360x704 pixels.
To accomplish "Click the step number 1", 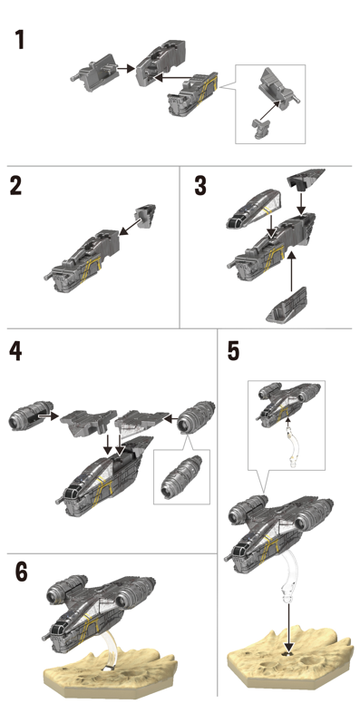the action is (x=20, y=40).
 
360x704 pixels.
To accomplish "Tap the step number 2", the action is (x=15, y=185).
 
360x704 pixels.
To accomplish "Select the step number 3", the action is (x=200, y=185).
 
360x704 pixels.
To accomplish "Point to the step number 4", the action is (x=15, y=352).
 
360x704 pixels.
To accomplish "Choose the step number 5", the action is (x=233, y=352).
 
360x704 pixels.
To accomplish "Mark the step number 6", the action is (x=21, y=572).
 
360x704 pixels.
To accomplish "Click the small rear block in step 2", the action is (x=145, y=217).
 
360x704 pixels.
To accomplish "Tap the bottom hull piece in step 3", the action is (x=287, y=306).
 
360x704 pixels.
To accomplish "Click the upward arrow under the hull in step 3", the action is (x=292, y=270).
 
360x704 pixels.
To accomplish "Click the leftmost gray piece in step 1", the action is (x=95, y=73).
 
